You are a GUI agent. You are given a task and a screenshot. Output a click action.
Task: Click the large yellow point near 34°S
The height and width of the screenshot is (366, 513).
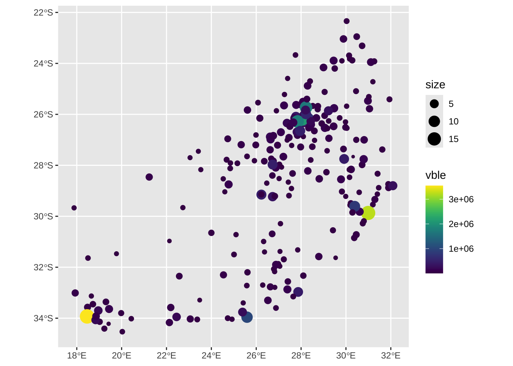87,316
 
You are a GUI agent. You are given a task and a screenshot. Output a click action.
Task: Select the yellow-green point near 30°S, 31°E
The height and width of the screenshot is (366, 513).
368,213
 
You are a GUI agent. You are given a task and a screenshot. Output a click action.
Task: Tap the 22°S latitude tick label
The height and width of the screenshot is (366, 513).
43,13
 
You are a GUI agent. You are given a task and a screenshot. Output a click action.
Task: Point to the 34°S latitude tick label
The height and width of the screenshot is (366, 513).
43,318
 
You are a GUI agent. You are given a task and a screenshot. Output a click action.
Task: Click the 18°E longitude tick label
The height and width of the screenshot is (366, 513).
77,356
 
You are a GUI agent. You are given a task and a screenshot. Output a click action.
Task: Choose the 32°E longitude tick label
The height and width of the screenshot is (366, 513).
390,356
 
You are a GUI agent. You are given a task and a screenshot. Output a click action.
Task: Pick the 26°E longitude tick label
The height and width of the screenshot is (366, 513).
256,356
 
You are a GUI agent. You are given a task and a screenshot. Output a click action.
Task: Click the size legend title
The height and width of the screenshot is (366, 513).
435,85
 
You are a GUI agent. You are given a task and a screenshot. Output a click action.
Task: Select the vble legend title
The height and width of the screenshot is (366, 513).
436,175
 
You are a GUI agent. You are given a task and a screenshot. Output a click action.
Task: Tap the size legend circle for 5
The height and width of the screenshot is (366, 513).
434,104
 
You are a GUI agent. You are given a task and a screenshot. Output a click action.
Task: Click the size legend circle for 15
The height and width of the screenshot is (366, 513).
434,139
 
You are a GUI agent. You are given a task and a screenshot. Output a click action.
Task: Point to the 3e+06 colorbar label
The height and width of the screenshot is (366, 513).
461,199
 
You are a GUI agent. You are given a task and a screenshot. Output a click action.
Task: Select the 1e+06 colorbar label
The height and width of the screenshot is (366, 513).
461,249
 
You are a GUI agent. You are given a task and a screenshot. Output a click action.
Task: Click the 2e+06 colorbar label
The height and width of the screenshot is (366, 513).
461,224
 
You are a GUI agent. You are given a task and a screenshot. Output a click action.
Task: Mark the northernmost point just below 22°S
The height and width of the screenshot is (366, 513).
347,21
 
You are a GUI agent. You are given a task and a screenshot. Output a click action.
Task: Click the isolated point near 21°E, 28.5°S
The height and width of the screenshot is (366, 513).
149,177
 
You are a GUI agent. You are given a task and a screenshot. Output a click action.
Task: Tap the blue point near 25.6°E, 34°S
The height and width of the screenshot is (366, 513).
247,317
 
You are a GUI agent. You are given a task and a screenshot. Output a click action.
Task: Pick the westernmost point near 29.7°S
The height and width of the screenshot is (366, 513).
74,208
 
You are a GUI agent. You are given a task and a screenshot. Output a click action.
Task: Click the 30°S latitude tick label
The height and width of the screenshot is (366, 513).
43,217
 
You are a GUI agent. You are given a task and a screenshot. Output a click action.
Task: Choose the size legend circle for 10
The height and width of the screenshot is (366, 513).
434,121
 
